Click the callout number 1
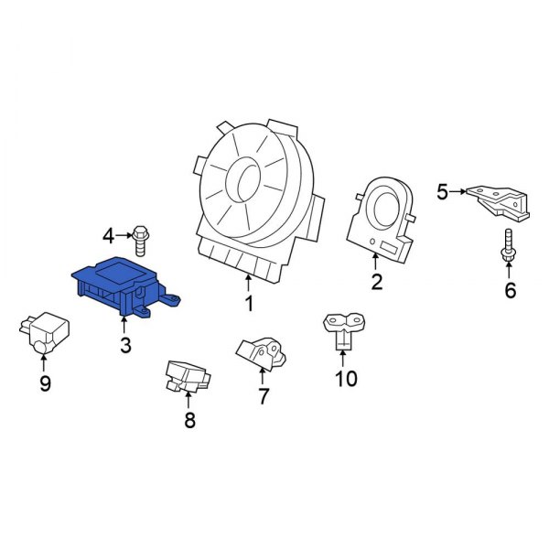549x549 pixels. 248,303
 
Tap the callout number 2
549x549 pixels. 375,282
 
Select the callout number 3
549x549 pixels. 124,345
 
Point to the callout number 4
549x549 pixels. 109,237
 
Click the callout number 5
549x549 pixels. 442,191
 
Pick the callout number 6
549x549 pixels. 511,291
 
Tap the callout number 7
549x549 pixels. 263,396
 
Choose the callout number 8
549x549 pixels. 189,421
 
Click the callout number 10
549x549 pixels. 346,378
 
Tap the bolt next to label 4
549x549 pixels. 141,238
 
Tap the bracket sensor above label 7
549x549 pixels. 260,352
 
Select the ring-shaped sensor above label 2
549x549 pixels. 382,214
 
